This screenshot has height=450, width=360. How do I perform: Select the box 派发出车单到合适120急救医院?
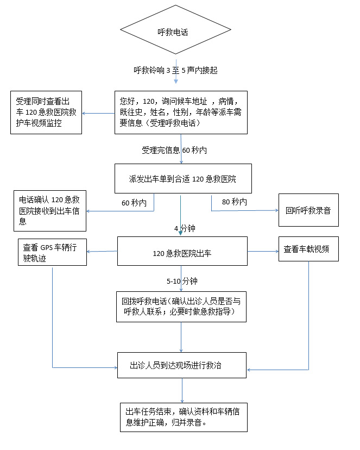183,178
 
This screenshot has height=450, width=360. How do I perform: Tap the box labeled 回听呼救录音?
308,210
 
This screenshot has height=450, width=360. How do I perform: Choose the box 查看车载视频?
308,249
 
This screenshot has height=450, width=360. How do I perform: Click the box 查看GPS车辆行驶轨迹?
52,250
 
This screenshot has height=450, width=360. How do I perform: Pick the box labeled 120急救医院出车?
182,252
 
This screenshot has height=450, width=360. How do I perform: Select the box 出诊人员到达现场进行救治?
182,366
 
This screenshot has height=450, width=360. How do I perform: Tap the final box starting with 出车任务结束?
182,417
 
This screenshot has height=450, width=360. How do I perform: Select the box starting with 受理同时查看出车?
46,113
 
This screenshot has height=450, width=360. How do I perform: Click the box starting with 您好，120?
180,112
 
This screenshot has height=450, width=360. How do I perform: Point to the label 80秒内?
234,202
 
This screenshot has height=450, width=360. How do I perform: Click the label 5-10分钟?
182,281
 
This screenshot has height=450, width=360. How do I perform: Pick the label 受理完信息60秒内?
174,150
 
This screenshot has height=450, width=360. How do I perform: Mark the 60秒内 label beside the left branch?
134,203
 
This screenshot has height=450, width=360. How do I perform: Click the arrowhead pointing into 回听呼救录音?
276,211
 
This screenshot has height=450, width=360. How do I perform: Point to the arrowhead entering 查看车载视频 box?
276,251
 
